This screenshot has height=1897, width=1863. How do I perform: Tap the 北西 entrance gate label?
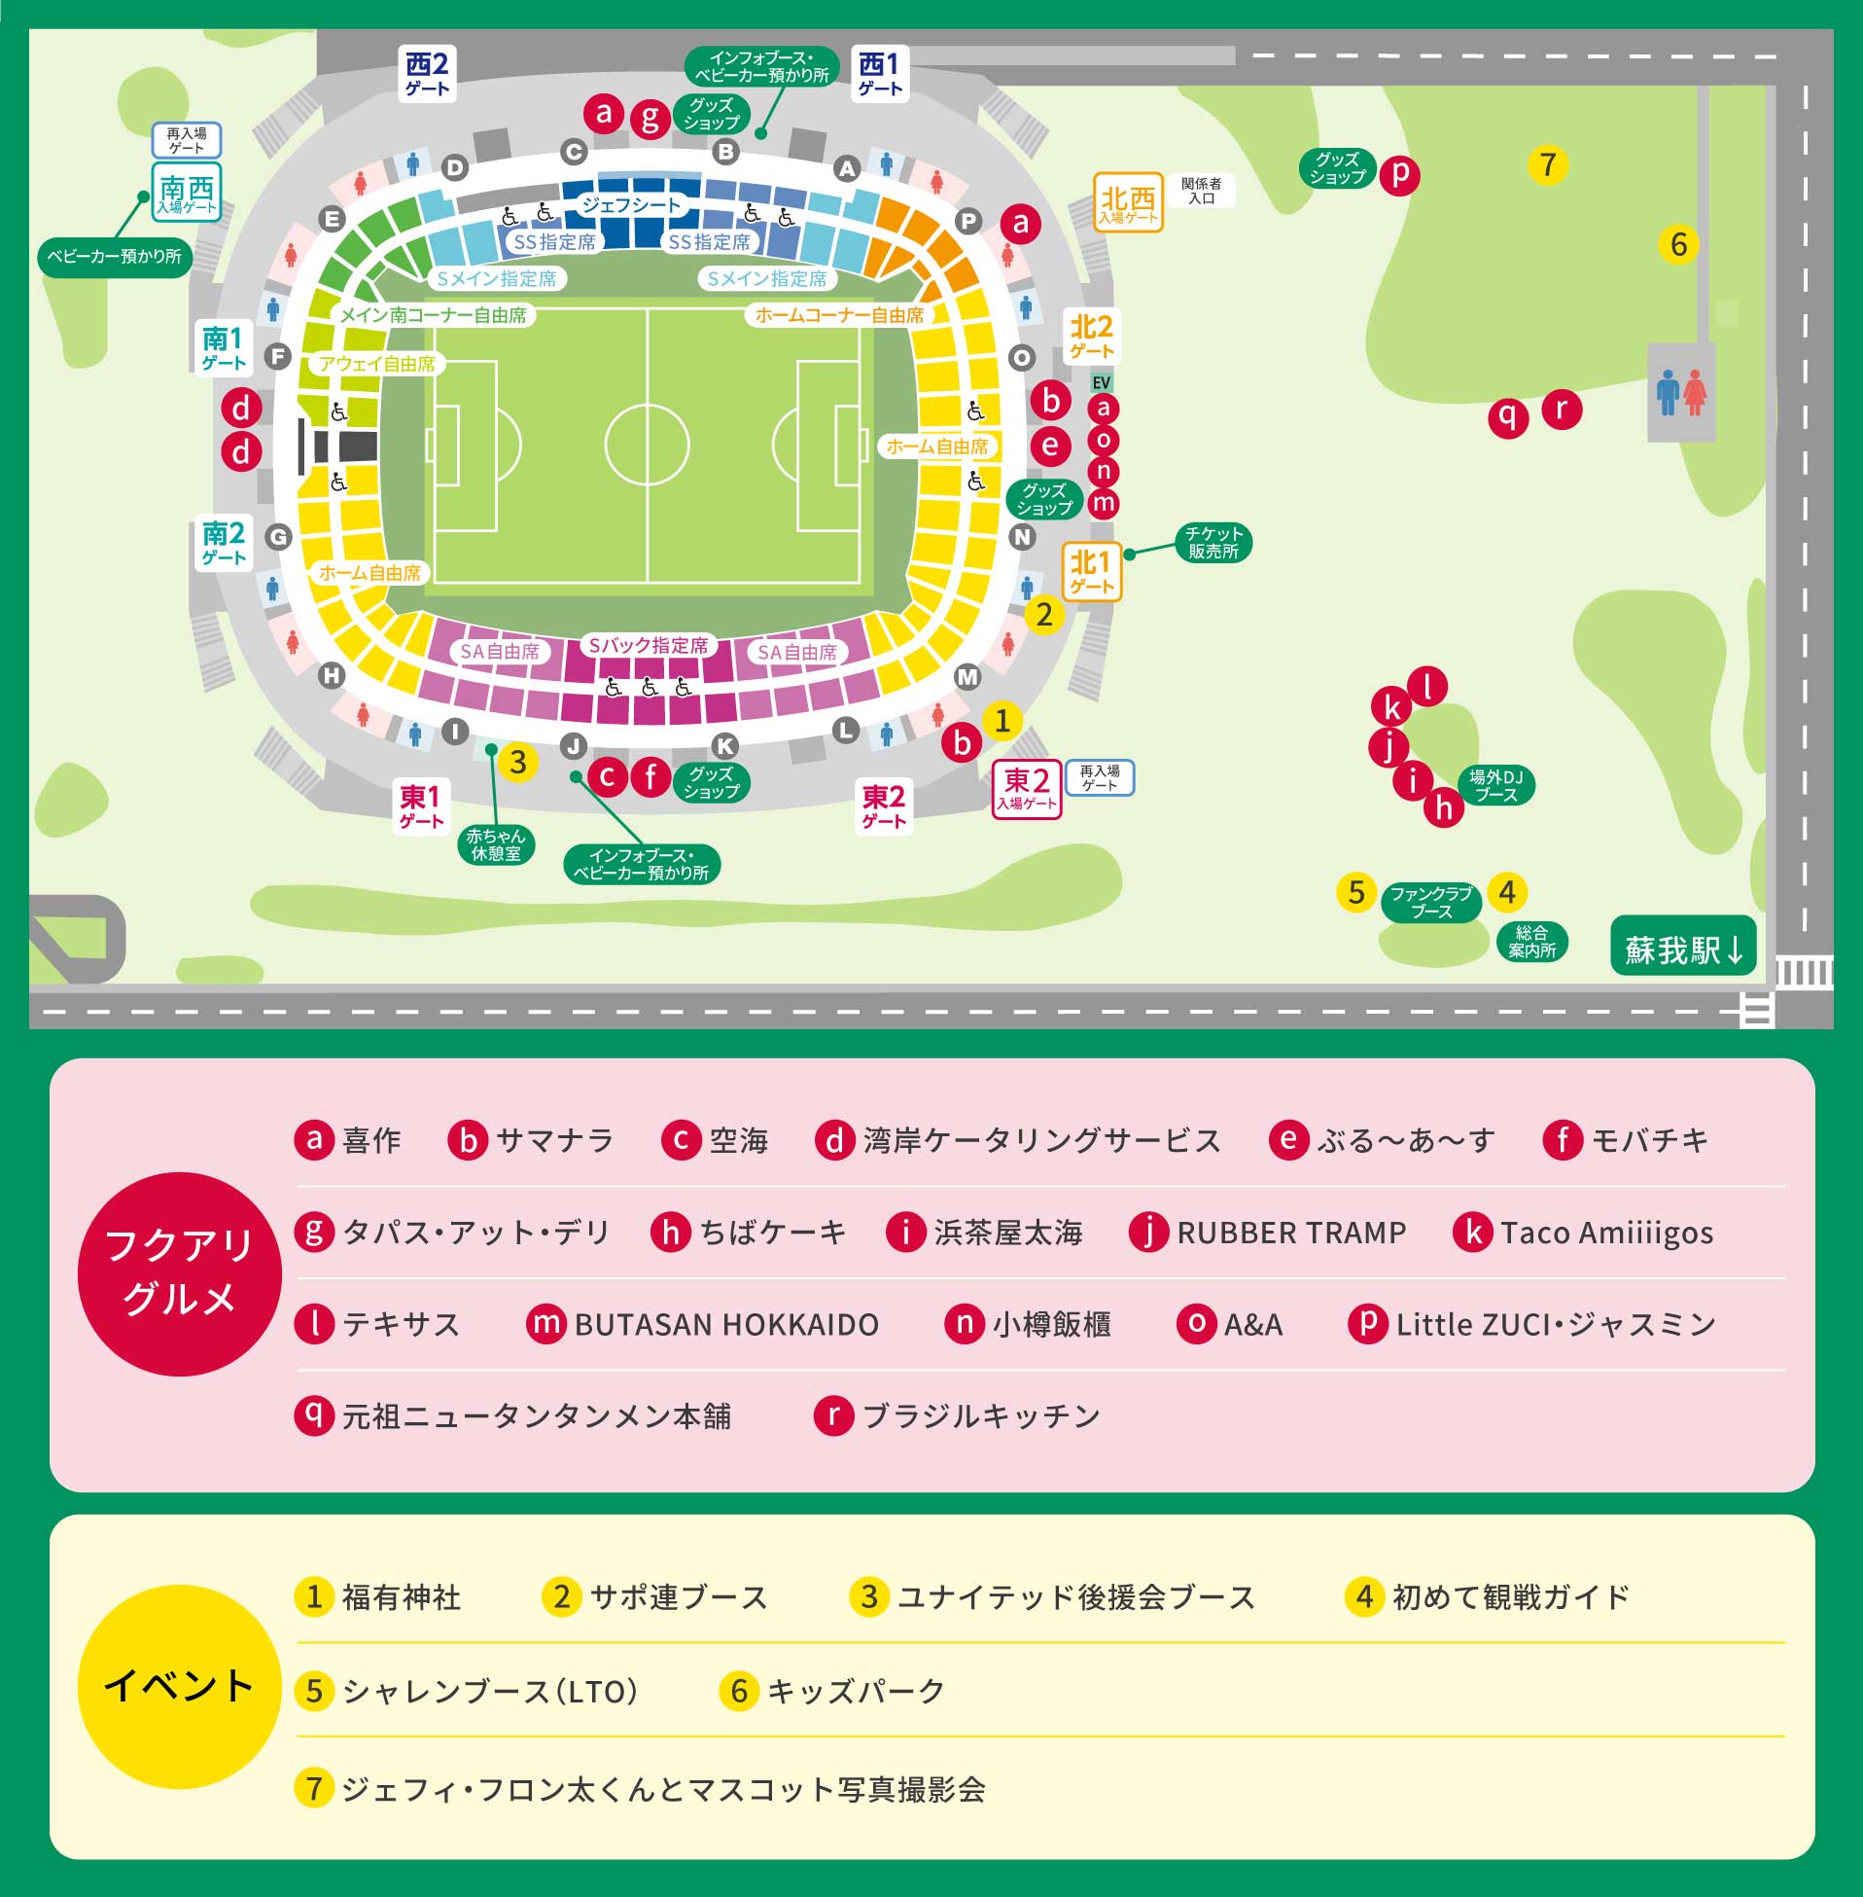[x=1127, y=202]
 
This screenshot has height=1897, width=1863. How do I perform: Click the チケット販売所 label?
[x=1213, y=542]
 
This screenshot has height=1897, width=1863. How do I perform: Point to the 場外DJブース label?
[x=1495, y=785]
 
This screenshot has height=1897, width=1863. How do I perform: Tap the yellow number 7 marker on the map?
[x=1547, y=164]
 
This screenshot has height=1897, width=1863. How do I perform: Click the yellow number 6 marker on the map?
[x=1678, y=244]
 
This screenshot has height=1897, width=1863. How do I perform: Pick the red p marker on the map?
[x=1399, y=174]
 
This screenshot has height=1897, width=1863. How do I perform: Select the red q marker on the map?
[x=1508, y=417]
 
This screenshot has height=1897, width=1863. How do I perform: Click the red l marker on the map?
[x=1427, y=686]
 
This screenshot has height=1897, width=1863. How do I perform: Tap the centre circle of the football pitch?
[x=647, y=445]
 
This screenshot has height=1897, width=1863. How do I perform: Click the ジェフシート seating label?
[x=631, y=204]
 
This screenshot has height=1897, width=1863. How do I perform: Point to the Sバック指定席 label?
[x=648, y=645]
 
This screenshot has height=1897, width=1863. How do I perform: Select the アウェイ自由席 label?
[x=376, y=364]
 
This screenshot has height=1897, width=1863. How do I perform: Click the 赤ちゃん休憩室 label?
[x=495, y=843]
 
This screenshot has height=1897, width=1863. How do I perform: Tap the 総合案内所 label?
[x=1531, y=941]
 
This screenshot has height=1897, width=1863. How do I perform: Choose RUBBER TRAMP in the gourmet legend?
[x=1289, y=1233]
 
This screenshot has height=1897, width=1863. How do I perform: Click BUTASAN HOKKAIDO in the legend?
[x=725, y=1324]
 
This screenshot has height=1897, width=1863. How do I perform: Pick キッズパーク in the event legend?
[x=856, y=1691]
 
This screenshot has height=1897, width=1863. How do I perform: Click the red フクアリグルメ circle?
[x=179, y=1272]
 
